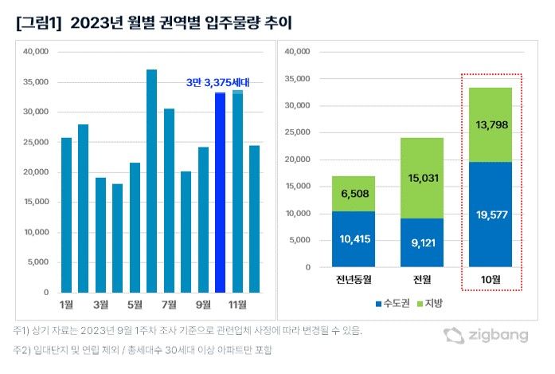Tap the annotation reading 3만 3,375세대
(217, 81)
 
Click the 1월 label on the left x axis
(66, 305)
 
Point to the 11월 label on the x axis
(237, 305)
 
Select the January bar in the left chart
(66, 215)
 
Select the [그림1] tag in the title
(38, 23)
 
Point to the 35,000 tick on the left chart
(35, 82)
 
